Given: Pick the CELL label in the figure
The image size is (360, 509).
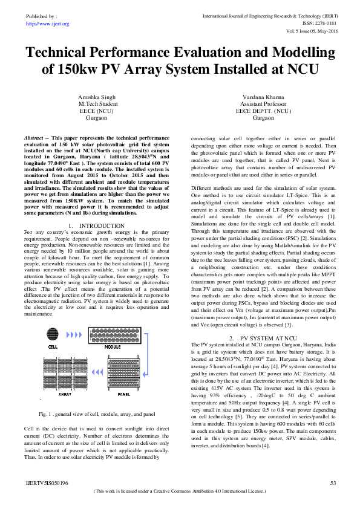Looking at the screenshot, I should tap(53, 348).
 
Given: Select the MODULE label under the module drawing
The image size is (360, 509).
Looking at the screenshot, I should tap(113, 348).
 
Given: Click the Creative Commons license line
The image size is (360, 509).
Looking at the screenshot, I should tap(180, 491).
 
